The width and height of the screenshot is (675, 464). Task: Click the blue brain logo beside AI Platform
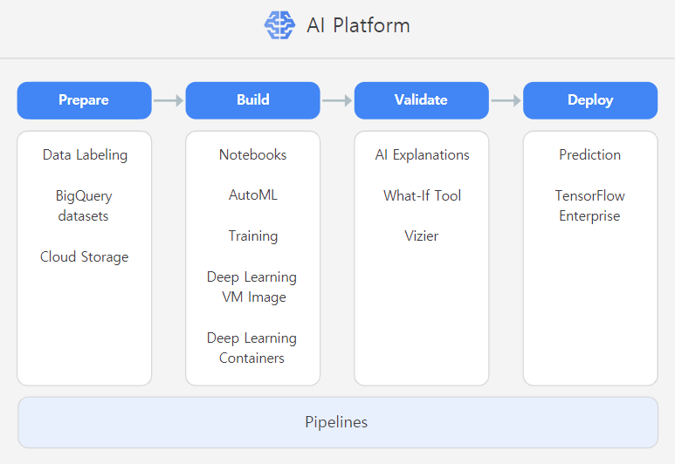[280, 25]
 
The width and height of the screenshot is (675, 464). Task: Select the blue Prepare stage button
[84, 100]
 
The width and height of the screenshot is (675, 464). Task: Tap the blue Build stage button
[253, 100]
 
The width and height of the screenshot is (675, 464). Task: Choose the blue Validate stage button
[422, 100]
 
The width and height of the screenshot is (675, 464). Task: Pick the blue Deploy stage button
[590, 100]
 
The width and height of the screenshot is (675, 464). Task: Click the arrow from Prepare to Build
[169, 100]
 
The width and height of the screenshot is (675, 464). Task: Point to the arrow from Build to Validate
[337, 100]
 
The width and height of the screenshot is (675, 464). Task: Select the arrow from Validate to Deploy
[506, 100]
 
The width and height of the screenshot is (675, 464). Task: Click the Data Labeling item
[85, 155]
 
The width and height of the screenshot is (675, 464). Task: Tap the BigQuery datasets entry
[84, 206]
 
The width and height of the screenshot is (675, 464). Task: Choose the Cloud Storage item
[84, 257]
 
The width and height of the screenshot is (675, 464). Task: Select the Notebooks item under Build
[253, 155]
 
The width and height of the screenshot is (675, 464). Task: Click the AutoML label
[253, 195]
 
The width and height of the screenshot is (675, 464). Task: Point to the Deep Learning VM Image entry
[252, 287]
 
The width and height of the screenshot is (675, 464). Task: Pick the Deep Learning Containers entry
[252, 348]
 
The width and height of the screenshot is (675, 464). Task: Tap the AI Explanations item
[422, 155]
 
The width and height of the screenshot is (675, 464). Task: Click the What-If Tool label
[422, 195]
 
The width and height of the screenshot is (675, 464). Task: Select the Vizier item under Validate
[422, 236]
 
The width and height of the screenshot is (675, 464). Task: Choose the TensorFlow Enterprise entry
[590, 206]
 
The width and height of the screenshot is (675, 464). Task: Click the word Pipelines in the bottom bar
[336, 422]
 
